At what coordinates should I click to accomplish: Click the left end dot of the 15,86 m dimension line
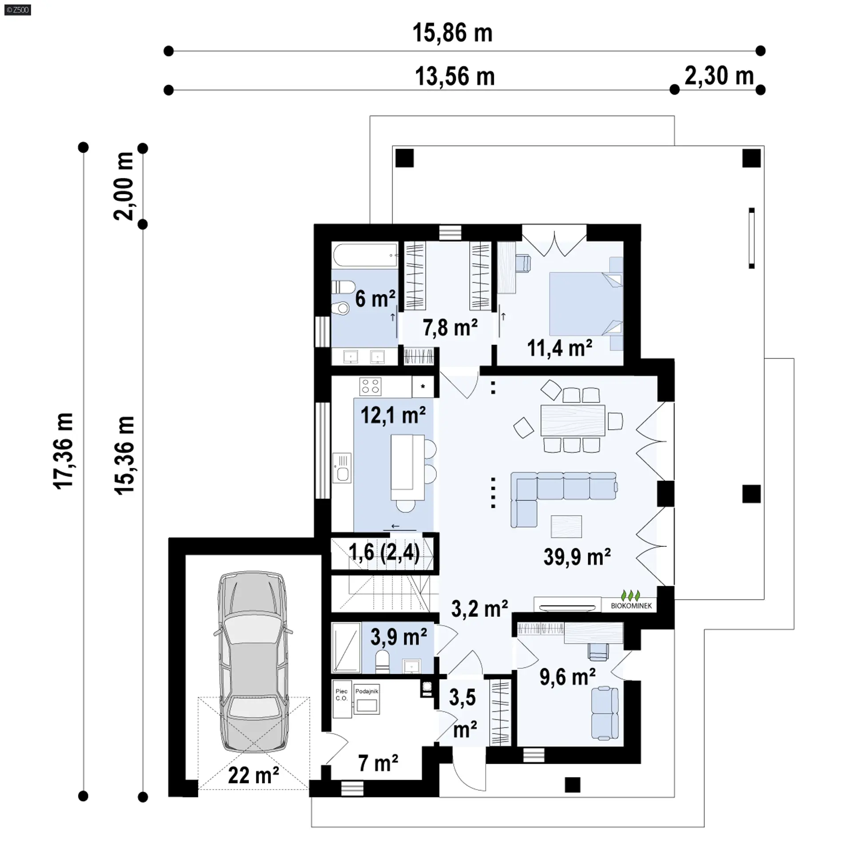[x=168, y=51]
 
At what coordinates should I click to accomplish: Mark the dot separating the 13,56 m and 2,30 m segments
[x=674, y=90]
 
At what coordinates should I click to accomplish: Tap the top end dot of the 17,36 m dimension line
[x=83, y=147]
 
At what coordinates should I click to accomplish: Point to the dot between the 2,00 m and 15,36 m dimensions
[x=143, y=225]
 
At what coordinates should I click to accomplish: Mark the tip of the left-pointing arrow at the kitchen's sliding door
[x=391, y=526]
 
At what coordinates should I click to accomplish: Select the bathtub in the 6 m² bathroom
[x=365, y=255]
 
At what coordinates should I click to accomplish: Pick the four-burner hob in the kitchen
[x=371, y=387]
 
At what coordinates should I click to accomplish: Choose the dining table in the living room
[x=573, y=420]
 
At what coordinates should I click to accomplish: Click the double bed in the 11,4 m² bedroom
[x=586, y=304]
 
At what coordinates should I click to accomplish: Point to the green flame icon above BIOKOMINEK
[x=631, y=595]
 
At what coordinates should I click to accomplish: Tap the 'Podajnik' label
[x=367, y=691]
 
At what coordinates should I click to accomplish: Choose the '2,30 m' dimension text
[x=719, y=76]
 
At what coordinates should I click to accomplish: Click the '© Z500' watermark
[x=18, y=9]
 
